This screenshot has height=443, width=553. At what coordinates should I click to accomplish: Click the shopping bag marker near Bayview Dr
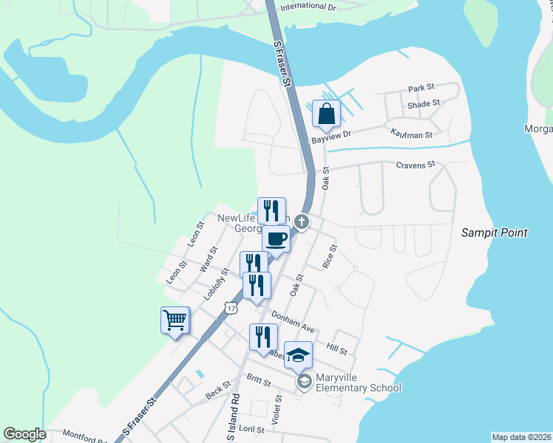(x=326, y=114)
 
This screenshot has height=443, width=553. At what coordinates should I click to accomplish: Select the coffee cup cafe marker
(x=276, y=239)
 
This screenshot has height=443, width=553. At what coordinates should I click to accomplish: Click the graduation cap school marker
(x=298, y=356)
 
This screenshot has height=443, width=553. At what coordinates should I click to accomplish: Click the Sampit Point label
(x=495, y=233)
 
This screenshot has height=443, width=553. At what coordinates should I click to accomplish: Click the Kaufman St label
(x=410, y=134)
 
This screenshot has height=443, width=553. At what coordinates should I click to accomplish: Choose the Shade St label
(x=424, y=104)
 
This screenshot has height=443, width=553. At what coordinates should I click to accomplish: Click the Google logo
(x=24, y=434)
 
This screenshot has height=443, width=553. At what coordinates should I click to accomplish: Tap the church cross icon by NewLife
(x=302, y=221)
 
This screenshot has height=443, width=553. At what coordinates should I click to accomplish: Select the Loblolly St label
(x=216, y=284)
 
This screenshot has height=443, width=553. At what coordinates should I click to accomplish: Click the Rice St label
(x=330, y=256)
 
